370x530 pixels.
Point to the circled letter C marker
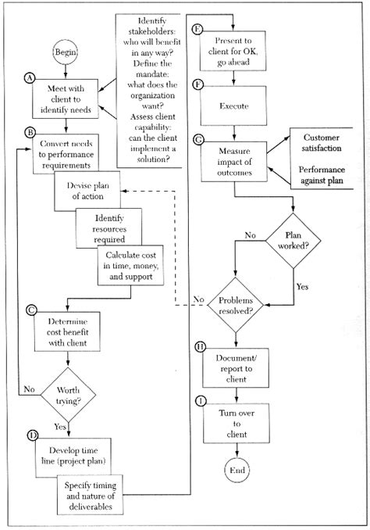[x=30, y=310]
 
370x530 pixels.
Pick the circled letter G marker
[x=198, y=138]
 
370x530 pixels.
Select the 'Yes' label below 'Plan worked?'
[x=302, y=286]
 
